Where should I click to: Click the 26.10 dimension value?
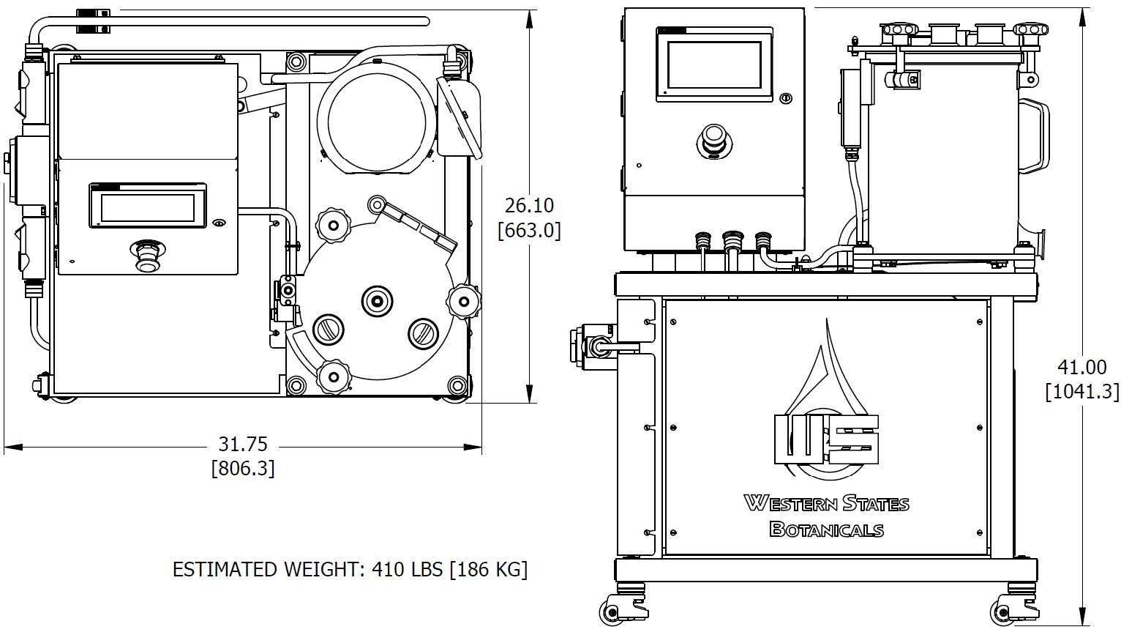click(x=529, y=206)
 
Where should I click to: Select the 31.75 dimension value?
click(x=243, y=445)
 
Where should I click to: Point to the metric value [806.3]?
click(x=243, y=468)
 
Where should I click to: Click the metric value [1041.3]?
click(x=1081, y=392)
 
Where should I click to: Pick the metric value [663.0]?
click(x=529, y=230)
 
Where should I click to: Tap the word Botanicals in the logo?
click(x=826, y=529)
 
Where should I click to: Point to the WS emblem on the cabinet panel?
click(x=826, y=438)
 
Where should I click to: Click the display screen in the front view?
click(x=714, y=66)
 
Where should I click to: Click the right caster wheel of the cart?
click(x=1002, y=609)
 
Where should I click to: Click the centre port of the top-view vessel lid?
click(x=378, y=299)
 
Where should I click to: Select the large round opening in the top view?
click(x=377, y=119)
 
